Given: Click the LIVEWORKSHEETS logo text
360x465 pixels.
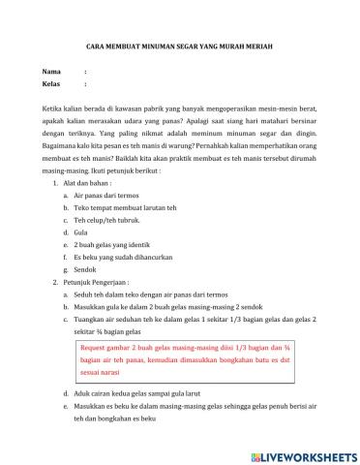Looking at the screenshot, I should [x=305, y=455].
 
